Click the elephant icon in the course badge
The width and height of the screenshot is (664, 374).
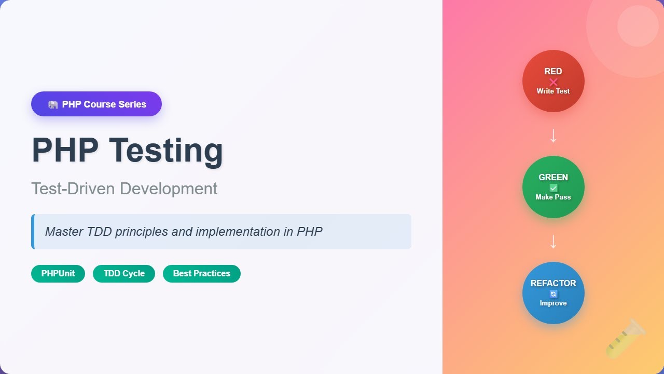(x=52, y=104)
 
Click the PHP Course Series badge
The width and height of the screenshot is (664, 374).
(x=96, y=104)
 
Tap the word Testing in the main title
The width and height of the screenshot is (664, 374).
(x=166, y=150)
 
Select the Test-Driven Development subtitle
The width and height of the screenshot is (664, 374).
(x=125, y=189)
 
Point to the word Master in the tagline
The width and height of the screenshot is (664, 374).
(x=64, y=232)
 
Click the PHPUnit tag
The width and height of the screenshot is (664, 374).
(x=58, y=274)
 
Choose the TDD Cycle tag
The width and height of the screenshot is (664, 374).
(x=124, y=274)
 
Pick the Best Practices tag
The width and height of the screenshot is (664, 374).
(x=202, y=274)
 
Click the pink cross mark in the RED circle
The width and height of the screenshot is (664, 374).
(x=554, y=82)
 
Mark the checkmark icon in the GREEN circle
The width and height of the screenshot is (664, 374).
(x=554, y=188)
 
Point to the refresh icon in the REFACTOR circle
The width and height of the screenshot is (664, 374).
(x=554, y=294)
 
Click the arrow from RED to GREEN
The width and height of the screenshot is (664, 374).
(x=554, y=136)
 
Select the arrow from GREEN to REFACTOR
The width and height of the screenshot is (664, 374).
(x=554, y=242)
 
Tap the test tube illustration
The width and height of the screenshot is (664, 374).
(x=626, y=339)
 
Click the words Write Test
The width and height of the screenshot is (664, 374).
(x=554, y=91)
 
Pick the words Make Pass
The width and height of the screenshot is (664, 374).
(x=554, y=197)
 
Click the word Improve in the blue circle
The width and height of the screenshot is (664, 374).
(x=554, y=303)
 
